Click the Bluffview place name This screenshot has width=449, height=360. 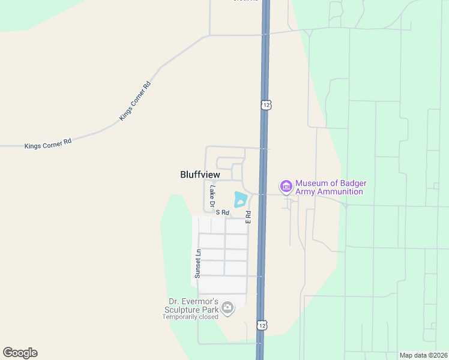click(200, 175)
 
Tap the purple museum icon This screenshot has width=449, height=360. click(286, 187)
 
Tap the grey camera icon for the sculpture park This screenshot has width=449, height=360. click(228, 308)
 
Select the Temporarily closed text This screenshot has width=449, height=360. click(190, 317)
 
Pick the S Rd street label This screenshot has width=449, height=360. click(223, 212)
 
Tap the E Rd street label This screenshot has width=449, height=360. click(247, 217)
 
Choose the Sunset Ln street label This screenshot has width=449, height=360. click(197, 263)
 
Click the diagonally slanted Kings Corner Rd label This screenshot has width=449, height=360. click(135, 101)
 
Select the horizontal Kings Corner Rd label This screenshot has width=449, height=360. click(48, 143)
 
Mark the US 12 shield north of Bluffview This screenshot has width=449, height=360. click(267, 104)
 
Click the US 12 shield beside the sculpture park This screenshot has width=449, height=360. click(262, 325)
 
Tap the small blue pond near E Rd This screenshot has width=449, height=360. click(240, 199)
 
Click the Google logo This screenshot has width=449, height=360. click(20, 353)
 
